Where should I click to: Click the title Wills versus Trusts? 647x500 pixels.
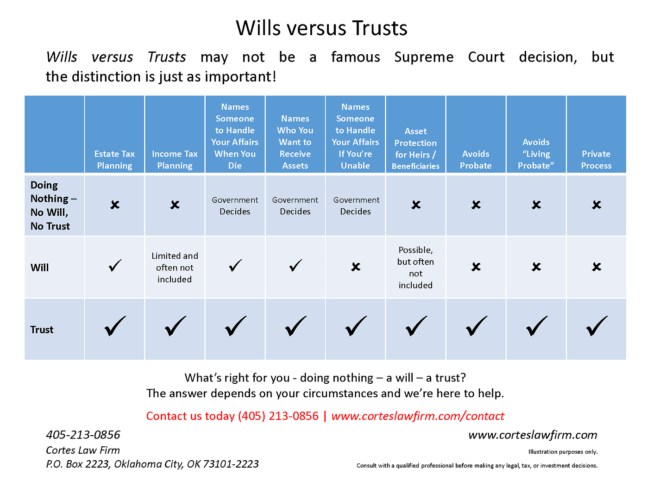[321, 28]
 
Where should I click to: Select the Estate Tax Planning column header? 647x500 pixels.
[114, 160]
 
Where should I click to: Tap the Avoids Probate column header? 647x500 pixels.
[476, 160]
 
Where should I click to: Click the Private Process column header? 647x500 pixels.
[596, 160]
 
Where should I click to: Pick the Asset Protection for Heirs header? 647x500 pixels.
[415, 149]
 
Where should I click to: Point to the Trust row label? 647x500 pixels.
[42, 330]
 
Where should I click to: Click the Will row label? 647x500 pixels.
[40, 268]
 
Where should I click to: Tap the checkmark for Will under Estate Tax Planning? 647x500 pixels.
[115, 266]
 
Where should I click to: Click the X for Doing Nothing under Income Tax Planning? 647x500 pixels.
[175, 205]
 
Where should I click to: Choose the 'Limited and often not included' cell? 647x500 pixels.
[175, 268]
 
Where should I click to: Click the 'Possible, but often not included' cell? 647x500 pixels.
[415, 268]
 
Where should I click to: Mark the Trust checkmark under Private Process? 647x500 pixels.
[597, 326]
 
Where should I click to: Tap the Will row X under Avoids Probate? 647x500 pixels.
[476, 267]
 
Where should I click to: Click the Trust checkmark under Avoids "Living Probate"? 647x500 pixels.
[536, 326]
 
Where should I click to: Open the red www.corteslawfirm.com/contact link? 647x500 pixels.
[418, 416]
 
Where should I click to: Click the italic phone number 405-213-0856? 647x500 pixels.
[83, 435]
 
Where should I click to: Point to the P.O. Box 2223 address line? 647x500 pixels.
[152, 464]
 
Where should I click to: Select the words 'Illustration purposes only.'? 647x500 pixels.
[563, 452]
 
